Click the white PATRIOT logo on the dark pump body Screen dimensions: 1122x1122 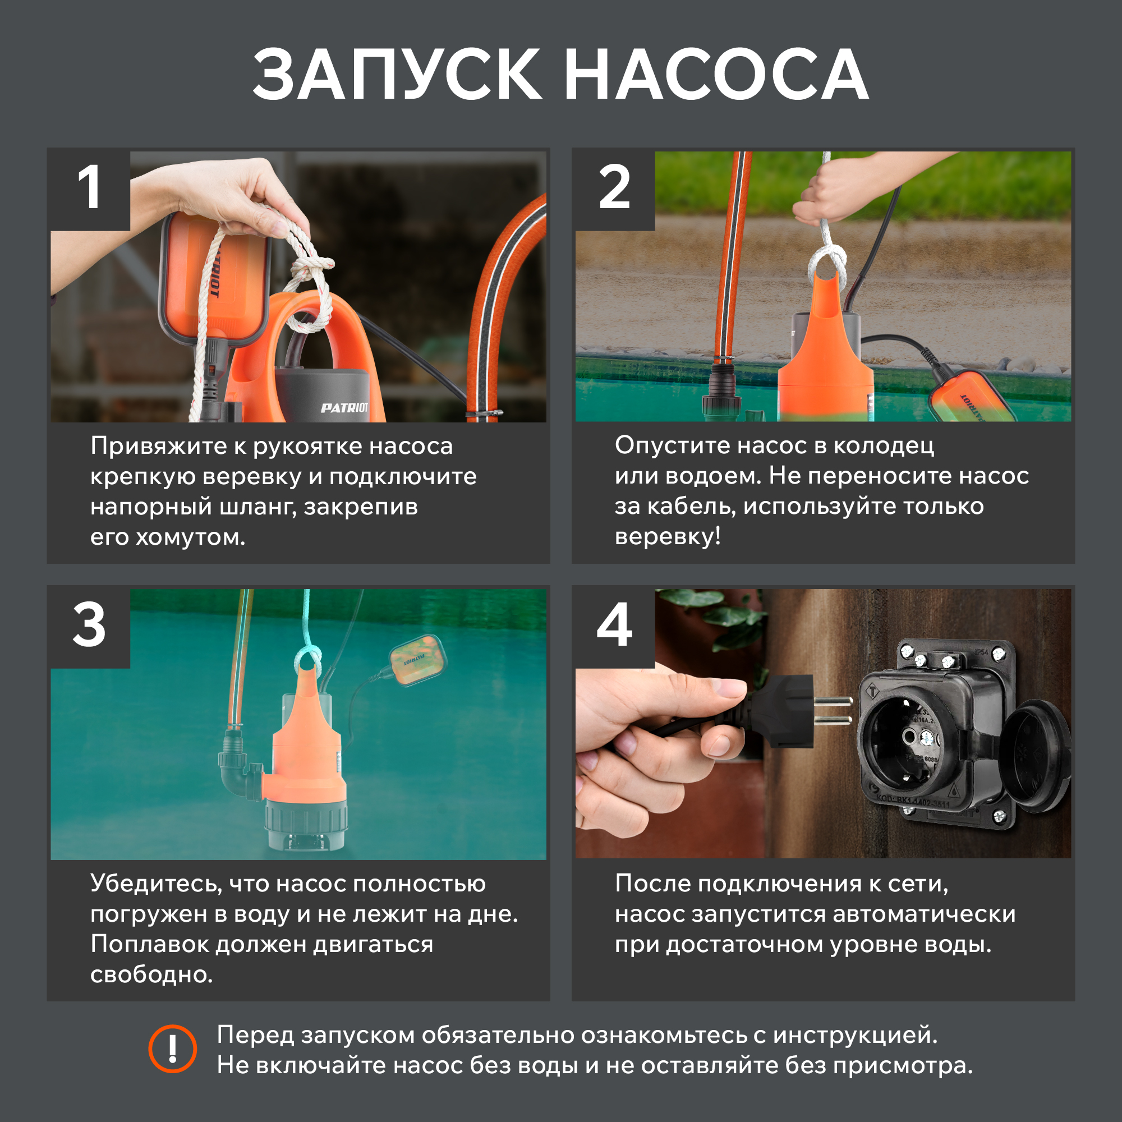pos(344,408)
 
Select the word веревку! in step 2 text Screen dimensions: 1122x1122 pos(668,535)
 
